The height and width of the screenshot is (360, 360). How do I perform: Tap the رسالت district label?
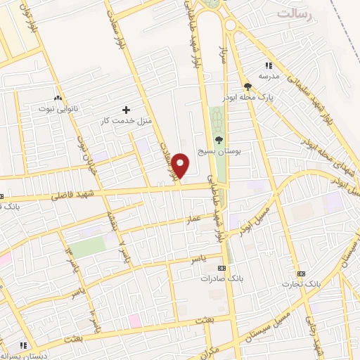pyautogui.click(x=294, y=13)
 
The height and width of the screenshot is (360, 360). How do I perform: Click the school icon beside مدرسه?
pyautogui.click(x=269, y=65)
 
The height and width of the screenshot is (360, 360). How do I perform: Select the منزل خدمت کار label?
pyautogui.click(x=126, y=121)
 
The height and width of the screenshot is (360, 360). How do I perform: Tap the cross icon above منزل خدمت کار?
pyautogui.click(x=126, y=110)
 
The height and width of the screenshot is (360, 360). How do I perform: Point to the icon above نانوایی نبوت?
pyautogui.click(x=57, y=98)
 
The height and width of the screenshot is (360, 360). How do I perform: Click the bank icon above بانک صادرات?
pyautogui.click(x=222, y=268)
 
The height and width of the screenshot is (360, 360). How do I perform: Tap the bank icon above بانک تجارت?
pyautogui.click(x=301, y=273)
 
